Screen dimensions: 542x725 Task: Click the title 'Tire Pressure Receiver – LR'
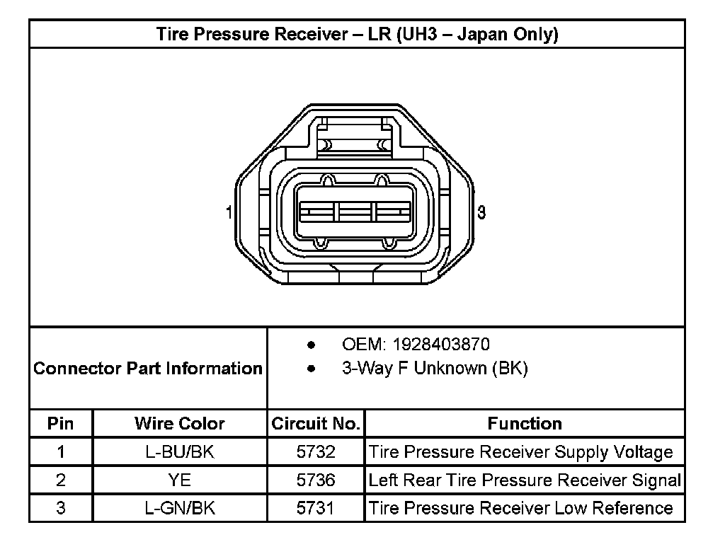point(357,35)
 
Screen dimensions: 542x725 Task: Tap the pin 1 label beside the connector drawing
point(229,212)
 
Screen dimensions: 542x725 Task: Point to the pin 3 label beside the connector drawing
point(481,212)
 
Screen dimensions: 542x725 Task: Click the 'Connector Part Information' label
point(148,369)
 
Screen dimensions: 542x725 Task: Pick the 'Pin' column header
point(61,424)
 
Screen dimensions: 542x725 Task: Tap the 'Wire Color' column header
point(180,424)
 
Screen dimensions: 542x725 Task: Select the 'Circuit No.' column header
point(316,424)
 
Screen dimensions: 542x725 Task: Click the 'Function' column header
point(525,424)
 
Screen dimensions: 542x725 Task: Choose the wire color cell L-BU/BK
point(180,452)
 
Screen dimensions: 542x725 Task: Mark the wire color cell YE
point(180,480)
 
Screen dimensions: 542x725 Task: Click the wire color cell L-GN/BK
point(180,508)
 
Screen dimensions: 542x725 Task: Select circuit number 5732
point(316,452)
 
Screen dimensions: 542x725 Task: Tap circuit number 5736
point(316,480)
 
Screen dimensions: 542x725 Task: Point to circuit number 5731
point(316,508)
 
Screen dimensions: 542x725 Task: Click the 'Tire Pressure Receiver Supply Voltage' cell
point(521,452)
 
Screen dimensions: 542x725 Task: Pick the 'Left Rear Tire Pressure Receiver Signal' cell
point(525,480)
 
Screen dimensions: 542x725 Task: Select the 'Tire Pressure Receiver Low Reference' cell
point(521,508)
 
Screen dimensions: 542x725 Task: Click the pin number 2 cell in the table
point(61,480)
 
